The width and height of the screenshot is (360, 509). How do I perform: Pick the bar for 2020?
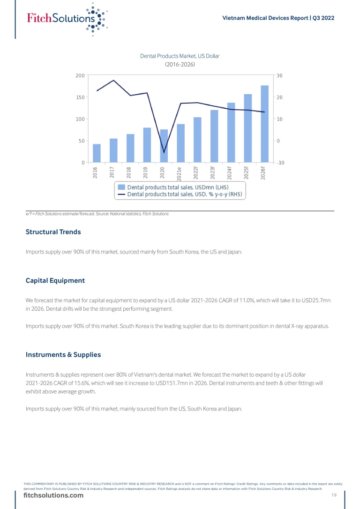point(164,146)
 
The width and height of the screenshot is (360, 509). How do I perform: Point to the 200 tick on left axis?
point(80,75)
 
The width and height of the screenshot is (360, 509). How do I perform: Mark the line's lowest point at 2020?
point(164,152)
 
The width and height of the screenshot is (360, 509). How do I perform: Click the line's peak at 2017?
point(113,80)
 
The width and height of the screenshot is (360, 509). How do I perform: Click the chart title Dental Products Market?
point(180,56)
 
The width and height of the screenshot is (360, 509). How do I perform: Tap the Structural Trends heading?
point(53,232)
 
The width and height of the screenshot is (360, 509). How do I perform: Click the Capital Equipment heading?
point(55,281)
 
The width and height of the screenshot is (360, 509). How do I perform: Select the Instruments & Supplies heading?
point(63,355)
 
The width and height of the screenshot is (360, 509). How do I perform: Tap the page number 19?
point(334,495)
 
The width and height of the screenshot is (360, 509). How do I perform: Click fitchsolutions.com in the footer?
point(53,495)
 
